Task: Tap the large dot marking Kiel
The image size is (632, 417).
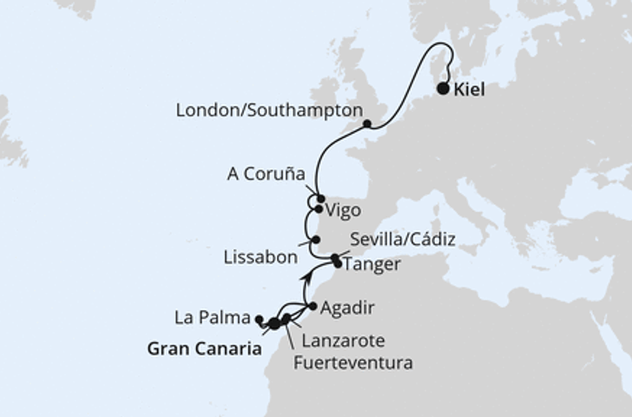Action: click(x=444, y=89)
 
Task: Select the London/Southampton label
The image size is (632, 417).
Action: click(x=269, y=111)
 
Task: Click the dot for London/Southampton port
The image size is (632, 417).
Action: click(x=367, y=124)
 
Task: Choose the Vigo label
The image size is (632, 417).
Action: click(x=342, y=209)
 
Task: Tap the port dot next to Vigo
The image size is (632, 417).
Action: click(x=319, y=209)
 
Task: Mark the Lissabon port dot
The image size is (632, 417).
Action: click(x=316, y=240)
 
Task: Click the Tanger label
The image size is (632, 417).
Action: click(x=372, y=265)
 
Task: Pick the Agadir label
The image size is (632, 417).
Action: click(x=345, y=307)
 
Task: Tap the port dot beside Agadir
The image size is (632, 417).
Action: click(x=313, y=306)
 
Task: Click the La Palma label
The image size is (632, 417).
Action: click(x=212, y=318)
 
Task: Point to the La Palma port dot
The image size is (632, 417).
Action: click(x=259, y=319)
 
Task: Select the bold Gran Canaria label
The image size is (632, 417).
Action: click(x=205, y=349)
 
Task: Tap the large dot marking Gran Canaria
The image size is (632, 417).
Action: click(x=274, y=323)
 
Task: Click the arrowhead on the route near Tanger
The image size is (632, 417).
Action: click(x=307, y=276)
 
